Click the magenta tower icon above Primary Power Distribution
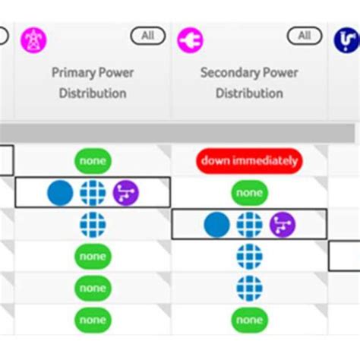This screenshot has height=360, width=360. pos(33,39)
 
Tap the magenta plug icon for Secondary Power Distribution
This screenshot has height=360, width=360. pos(190,39)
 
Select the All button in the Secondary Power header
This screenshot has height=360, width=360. pos(304,36)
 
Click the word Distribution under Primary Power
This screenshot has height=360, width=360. pos(93,93)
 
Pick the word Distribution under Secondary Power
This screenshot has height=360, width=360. pos(249,93)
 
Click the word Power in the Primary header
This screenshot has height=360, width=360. pos(118,73)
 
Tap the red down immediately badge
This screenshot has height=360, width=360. pos(249,161)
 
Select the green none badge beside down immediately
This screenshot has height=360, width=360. pos(93,161)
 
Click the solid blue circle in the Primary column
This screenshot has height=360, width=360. pos(60,193)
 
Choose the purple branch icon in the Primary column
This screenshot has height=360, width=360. pos(126,193)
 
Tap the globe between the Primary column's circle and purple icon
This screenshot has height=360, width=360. pos(93,193)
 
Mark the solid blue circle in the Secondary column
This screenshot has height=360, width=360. pos(216,225)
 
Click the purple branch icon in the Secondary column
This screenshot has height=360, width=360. pos(283,225)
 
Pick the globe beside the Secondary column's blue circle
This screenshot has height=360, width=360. pos(249,225)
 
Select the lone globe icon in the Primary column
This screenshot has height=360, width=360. pos(93,225)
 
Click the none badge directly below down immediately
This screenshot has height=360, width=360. pos(249,193)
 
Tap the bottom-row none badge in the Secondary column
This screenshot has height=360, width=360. pos(249,320)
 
